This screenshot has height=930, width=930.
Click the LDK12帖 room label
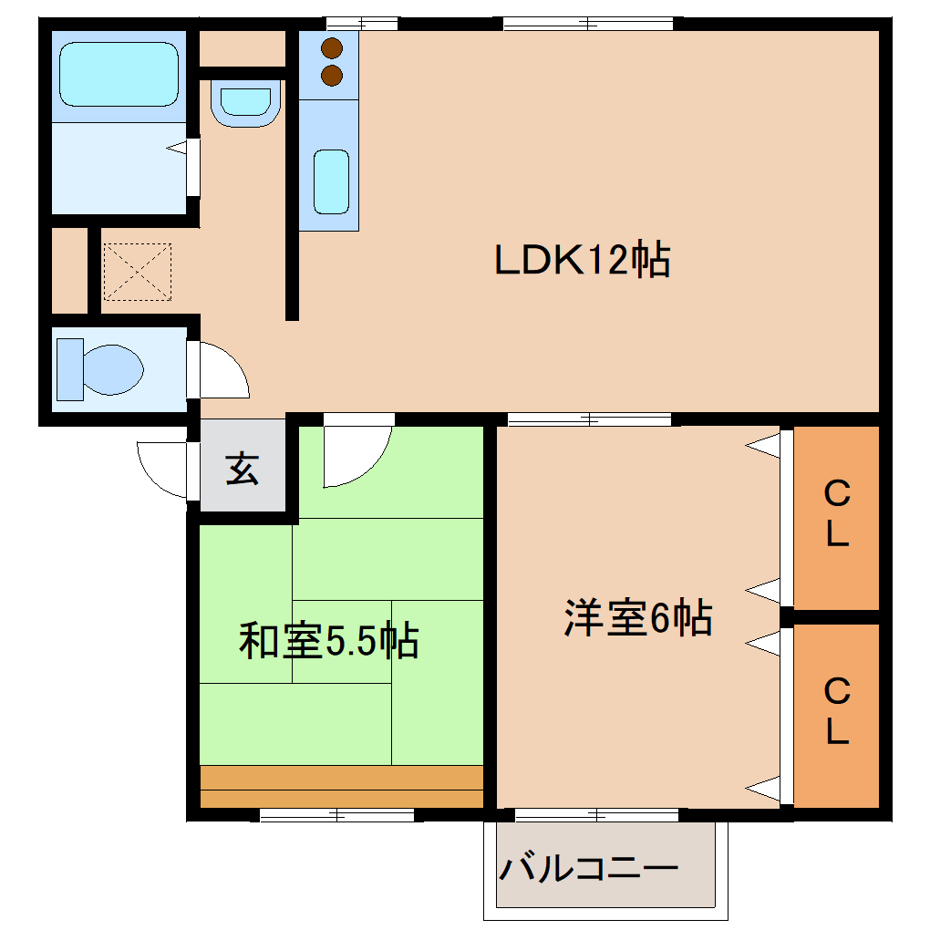pos(582,262)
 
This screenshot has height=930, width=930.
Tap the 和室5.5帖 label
pos(328,641)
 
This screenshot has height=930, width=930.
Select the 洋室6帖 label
pos(637,619)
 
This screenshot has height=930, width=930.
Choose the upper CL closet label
pos(836,514)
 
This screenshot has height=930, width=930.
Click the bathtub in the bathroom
pos(119,74)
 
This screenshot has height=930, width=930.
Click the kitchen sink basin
pos(332,181)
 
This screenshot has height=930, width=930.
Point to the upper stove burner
pos(332,47)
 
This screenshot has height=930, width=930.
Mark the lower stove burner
pos(332,75)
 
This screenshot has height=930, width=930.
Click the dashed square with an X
pos(137,271)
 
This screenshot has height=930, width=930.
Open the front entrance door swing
pos(164,469)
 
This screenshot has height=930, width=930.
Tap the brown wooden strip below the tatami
pos(340,787)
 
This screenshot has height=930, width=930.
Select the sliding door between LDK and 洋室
pos(589,419)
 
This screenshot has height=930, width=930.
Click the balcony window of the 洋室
pos(596,814)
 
